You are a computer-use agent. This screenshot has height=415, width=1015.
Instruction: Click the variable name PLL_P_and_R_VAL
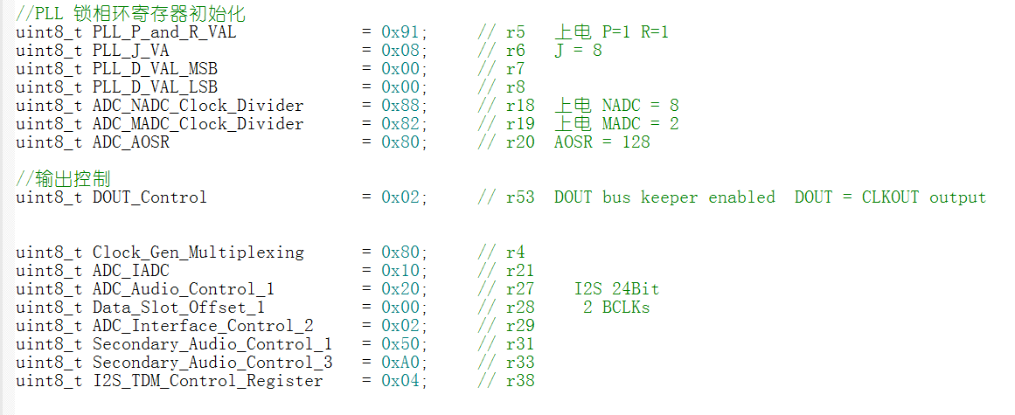coord(163,32)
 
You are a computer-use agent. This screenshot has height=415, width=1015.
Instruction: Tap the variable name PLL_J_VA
coord(130,51)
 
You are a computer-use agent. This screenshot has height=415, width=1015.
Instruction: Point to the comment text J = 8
coord(578,51)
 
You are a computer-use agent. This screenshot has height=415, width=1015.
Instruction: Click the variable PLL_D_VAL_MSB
coord(155,69)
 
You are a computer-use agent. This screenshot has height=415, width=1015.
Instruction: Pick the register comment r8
coord(516,87)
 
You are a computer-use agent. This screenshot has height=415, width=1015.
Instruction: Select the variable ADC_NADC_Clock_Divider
coord(198,106)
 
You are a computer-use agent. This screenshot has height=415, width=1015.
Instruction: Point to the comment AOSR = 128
coord(601,142)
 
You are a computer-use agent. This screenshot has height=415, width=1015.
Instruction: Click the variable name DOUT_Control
coord(149,197)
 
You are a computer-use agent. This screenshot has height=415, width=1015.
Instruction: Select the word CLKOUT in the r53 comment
coord(890,197)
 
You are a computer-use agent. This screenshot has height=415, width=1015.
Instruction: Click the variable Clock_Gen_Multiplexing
coord(198,252)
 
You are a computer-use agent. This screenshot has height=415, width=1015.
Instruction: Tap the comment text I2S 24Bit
coord(616,289)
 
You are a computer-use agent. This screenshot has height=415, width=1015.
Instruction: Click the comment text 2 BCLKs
coord(616,308)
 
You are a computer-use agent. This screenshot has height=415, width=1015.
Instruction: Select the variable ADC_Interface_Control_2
coord(203,326)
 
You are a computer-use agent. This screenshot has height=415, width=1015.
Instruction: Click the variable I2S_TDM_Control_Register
coord(207,381)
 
